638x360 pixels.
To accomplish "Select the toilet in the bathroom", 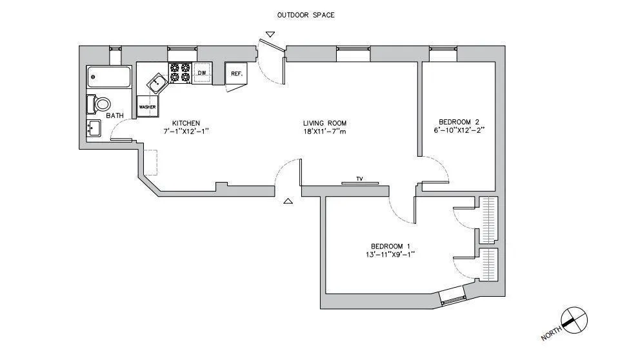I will click(x=100, y=104).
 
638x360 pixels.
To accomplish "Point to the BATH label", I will click(x=115, y=115).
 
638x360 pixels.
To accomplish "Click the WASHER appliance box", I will click(x=148, y=106).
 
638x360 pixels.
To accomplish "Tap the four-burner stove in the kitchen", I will click(x=179, y=73).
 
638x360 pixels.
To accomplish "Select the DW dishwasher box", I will click(x=202, y=74).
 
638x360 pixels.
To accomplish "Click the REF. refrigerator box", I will click(x=236, y=74).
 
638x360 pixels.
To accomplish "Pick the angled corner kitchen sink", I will click(x=157, y=83).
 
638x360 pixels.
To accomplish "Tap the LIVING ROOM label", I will click(x=325, y=123).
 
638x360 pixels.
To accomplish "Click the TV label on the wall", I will click(x=360, y=179).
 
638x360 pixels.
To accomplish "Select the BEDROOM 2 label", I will click(x=459, y=121).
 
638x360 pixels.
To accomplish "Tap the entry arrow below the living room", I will click(x=288, y=201).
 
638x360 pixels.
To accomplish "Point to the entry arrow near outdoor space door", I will click(x=269, y=34).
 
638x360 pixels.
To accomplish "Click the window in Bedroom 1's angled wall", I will click(x=451, y=297).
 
